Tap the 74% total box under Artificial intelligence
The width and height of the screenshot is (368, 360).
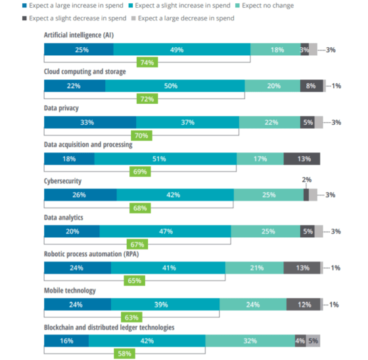tap(146, 62)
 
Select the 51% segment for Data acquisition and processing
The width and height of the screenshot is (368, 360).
tap(166, 158)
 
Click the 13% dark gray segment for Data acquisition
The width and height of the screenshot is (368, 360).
tap(302, 158)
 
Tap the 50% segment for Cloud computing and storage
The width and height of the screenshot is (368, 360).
tap(175, 85)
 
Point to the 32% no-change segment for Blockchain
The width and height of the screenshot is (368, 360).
tap(250, 340)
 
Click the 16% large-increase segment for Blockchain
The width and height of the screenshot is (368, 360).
tap(66, 340)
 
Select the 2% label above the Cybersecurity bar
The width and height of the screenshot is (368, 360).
tap(306, 179)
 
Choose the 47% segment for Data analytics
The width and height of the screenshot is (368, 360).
tap(165, 231)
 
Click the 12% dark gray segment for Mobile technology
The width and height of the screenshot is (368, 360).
tap(303, 304)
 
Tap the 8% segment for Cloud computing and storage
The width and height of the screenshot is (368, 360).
tap(311, 85)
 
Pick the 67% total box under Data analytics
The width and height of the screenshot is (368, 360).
tap(138, 244)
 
